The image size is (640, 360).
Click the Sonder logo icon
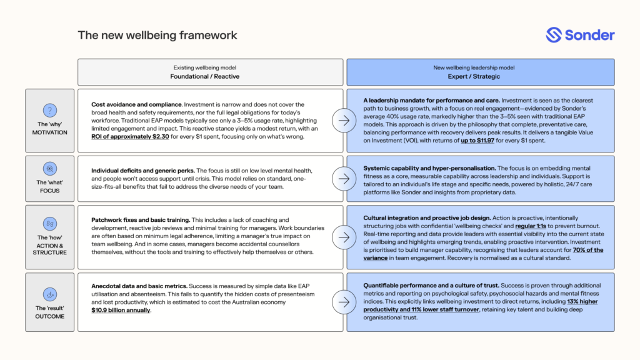(554, 35)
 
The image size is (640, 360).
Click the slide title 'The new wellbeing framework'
(157, 35)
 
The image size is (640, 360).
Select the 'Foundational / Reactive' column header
(210, 77)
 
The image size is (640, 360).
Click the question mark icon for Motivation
(49, 109)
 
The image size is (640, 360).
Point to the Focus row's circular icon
(49, 169)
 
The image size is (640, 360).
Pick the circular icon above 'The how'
(49, 223)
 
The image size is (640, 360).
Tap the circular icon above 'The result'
(49, 293)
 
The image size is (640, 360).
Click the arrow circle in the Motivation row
(344, 120)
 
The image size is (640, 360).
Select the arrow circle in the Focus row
(344, 178)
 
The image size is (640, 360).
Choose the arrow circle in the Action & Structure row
(344, 237)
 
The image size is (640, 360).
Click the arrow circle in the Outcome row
(344, 302)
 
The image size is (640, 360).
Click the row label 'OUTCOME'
(49, 316)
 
